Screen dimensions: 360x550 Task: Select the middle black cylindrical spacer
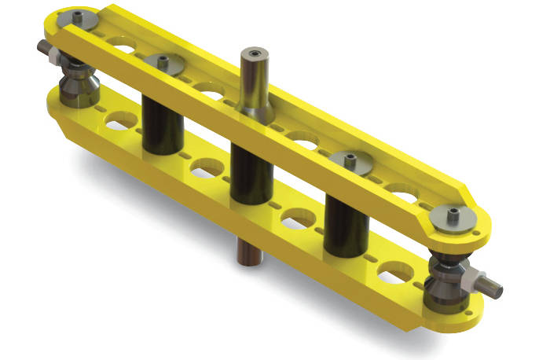tap(250, 169)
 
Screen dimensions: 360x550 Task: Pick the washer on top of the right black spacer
tap(348, 161)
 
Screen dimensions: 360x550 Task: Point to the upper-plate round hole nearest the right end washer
tap(405, 192)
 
